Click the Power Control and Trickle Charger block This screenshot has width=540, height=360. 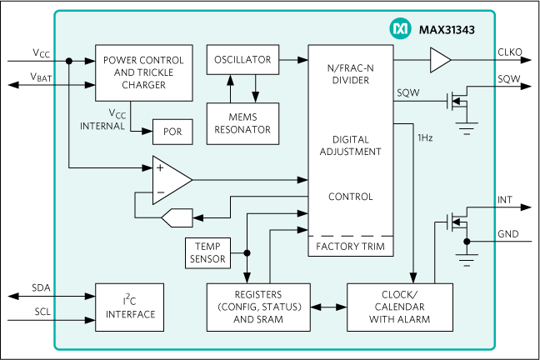click(x=144, y=72)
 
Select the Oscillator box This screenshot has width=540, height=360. click(x=242, y=60)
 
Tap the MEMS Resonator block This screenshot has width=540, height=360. click(x=242, y=123)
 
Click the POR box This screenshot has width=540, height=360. click(x=172, y=132)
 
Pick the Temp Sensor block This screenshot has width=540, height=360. click(x=207, y=252)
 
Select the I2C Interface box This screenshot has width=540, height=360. click(x=130, y=307)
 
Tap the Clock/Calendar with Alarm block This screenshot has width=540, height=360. click(x=400, y=307)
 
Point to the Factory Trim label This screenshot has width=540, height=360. click(x=350, y=247)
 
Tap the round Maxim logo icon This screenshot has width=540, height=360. click(x=400, y=29)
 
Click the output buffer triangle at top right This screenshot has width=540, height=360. click(x=439, y=60)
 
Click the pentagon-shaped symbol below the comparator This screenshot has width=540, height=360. click(x=176, y=218)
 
